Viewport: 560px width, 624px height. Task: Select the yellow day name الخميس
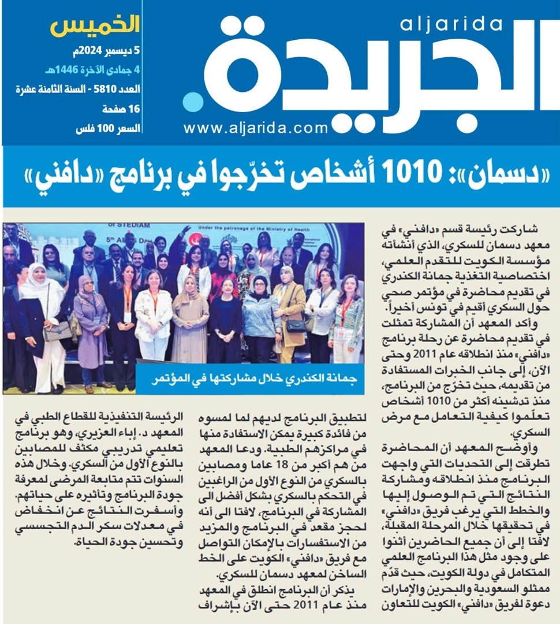click(x=95, y=26)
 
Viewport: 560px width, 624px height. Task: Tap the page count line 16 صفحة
click(x=121, y=109)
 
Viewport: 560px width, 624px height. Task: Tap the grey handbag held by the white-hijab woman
click(x=57, y=330)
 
